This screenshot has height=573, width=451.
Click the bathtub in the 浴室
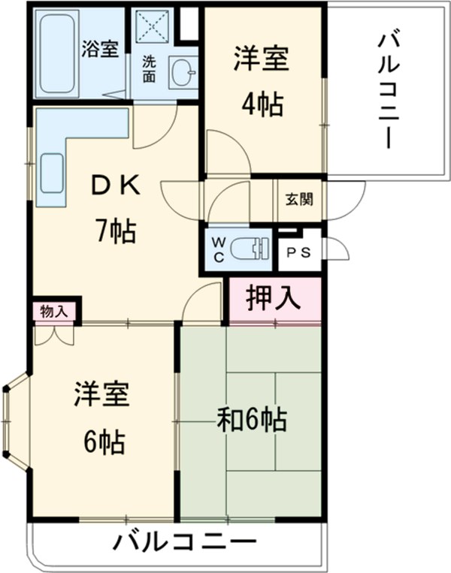tap(56, 53)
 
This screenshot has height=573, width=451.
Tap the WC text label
tap(217, 248)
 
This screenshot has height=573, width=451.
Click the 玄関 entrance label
tap(299, 201)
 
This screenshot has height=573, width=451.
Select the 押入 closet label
tap(274, 299)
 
